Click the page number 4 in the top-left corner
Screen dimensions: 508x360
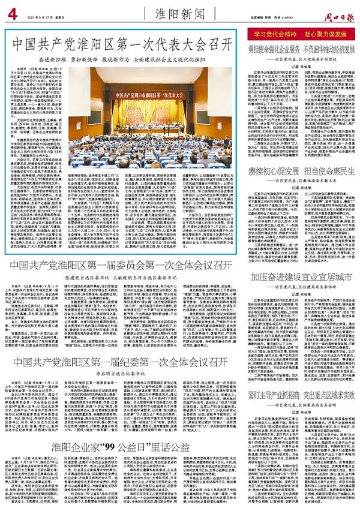coord(11,11)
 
